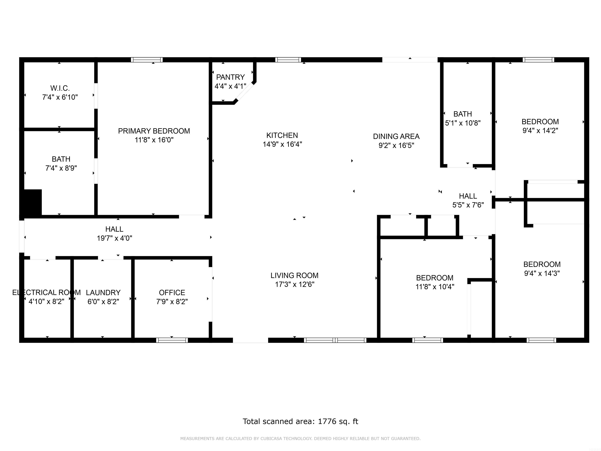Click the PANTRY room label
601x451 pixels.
230,77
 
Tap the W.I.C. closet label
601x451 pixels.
60,88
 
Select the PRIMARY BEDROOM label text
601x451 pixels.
154,131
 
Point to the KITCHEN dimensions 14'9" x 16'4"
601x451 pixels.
282,144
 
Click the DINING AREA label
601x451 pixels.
396,136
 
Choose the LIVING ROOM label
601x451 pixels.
294,275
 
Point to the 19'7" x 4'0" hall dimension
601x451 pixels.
114,238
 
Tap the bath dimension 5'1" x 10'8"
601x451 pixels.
463,123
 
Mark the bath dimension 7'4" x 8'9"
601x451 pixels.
61,168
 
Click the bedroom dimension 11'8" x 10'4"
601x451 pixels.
435,287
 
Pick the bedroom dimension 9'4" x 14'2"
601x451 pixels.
540,131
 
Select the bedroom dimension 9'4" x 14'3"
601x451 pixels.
542,273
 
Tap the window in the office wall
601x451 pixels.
172,340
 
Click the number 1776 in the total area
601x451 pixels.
327,421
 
